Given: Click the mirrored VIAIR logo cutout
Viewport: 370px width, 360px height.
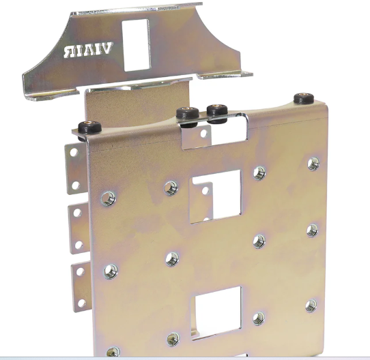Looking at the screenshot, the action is pyautogui.click(x=89, y=50).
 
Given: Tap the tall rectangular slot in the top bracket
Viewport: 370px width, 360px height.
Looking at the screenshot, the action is pyautogui.click(x=136, y=45).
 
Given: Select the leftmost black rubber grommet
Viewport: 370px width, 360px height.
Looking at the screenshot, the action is pyautogui.click(x=89, y=127).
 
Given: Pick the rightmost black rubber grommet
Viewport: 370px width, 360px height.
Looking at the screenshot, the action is pyautogui.click(x=304, y=99).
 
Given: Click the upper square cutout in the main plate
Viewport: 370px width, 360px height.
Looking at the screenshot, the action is pyautogui.click(x=215, y=196).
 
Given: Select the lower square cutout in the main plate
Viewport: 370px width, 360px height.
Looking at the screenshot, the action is pyautogui.click(x=216, y=312).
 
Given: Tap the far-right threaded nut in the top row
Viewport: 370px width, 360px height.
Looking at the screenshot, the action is pyautogui.click(x=313, y=164).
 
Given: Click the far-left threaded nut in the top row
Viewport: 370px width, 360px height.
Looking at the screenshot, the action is pyautogui.click(x=109, y=198).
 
